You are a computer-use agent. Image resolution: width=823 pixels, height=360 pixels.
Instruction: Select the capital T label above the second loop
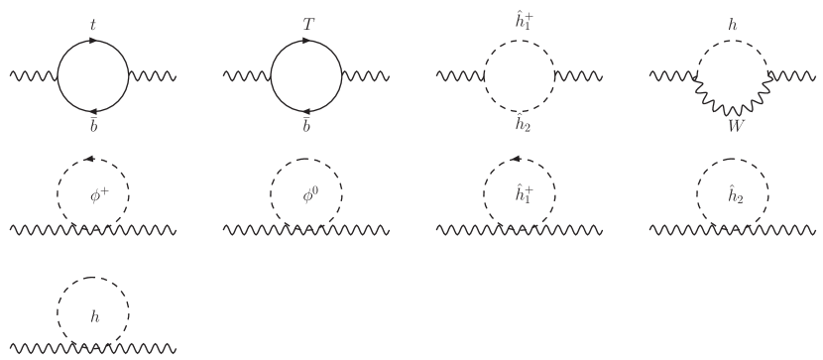[x=307, y=21]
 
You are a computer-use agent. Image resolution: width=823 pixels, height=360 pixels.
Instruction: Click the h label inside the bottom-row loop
[x=94, y=317]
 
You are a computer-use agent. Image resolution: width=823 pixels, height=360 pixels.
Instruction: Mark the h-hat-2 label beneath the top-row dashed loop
[x=522, y=125]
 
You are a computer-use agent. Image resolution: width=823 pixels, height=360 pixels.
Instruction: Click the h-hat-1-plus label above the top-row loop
[x=522, y=20]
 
